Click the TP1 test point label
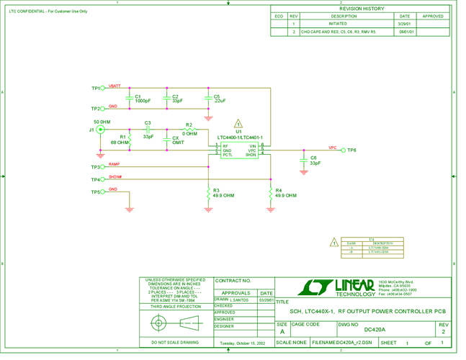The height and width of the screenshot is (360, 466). click(95, 88)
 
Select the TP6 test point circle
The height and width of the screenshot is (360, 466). click(342, 150)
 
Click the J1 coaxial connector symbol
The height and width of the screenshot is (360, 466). click(100, 130)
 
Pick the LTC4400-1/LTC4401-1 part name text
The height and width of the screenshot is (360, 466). click(241, 138)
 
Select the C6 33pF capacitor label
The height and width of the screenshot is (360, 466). click(315, 160)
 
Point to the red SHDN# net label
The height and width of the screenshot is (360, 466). click(115, 177)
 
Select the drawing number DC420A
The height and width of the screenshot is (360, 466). click(377, 329)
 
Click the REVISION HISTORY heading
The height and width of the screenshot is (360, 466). click(361, 9)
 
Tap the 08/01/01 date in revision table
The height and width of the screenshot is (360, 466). click(405, 32)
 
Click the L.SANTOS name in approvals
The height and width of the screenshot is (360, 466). click(239, 300)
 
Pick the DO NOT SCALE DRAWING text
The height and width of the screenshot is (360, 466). click(175, 343)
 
